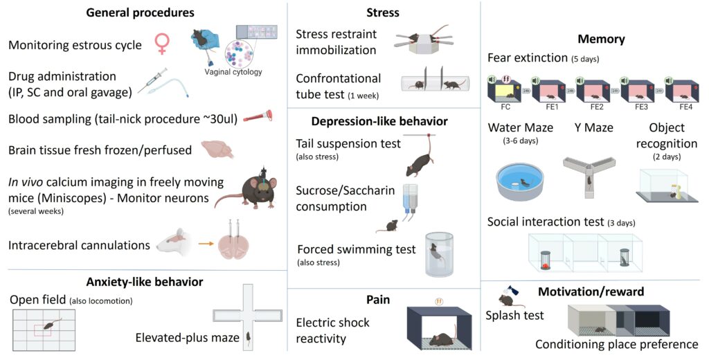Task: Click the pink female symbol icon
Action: pyautogui.click(x=162, y=44)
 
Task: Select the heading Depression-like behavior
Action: pyautogui.click(x=379, y=121)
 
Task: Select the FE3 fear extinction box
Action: pyautogui.click(x=636, y=92)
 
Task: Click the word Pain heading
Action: pyautogui.click(x=379, y=300)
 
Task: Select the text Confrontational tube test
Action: pyautogui.click(x=338, y=87)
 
